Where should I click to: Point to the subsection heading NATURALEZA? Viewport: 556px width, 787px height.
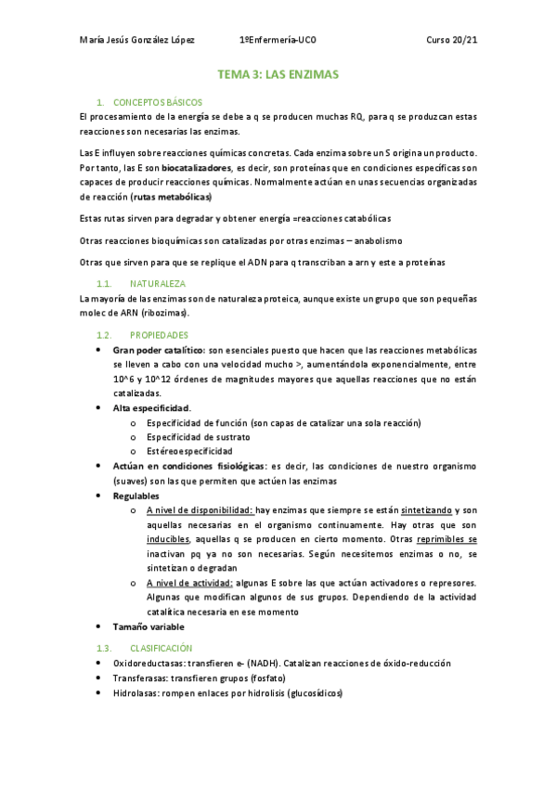(158, 282)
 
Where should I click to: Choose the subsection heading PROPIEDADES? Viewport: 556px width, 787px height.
(160, 334)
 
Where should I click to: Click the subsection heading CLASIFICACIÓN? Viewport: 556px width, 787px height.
(162, 647)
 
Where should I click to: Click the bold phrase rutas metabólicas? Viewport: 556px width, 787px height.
(172, 198)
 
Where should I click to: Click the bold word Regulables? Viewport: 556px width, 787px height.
(136, 496)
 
